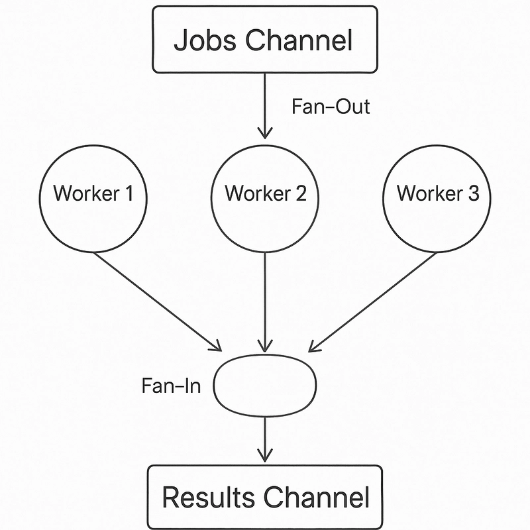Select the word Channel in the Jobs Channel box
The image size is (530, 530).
pyautogui.click(x=299, y=40)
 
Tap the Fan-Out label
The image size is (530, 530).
pyautogui.click(x=331, y=107)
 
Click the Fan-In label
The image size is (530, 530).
pyautogui.click(x=172, y=386)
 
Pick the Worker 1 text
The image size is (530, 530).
pyautogui.click(x=93, y=193)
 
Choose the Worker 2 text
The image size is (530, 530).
pyautogui.click(x=266, y=193)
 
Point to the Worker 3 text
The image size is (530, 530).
pyautogui.click(x=438, y=193)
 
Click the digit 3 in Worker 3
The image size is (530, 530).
pyautogui.click(x=473, y=193)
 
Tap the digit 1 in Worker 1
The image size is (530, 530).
pyautogui.click(x=129, y=193)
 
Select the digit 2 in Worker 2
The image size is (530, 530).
pyautogui.click(x=301, y=193)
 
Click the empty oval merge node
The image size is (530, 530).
pyautogui.click(x=265, y=355)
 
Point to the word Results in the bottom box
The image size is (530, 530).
pyautogui.click(x=209, y=497)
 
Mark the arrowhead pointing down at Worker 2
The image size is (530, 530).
pyautogui.click(x=265, y=133)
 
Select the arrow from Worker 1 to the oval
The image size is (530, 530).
pyautogui.click(x=158, y=302)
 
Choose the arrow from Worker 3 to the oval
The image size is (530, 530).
pyautogui.click(x=372, y=302)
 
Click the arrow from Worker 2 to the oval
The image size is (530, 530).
pyautogui.click(x=265, y=302)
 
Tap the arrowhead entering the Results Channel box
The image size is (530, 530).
pyautogui.click(x=265, y=456)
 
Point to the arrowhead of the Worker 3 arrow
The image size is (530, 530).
pyautogui.click(x=313, y=347)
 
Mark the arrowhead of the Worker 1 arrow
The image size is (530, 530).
pyautogui.click(x=217, y=347)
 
